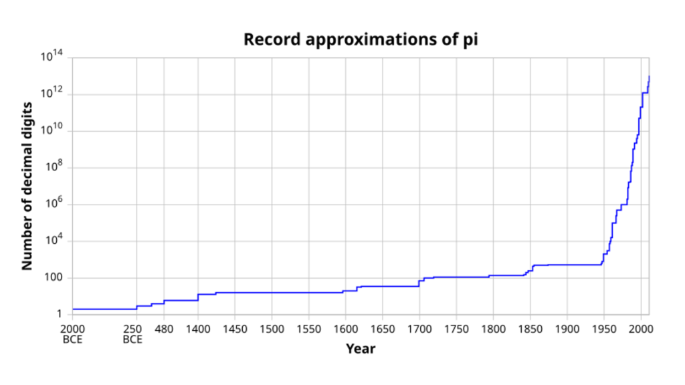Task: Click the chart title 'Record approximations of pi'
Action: click(361, 39)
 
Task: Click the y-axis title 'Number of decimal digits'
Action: click(27, 186)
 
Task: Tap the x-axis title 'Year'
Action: click(361, 349)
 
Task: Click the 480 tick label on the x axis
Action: click(165, 329)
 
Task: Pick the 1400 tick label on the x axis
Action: click(198, 329)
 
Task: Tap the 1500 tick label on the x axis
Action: click(272, 329)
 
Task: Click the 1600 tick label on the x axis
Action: click(345, 329)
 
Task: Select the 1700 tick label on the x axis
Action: click(419, 329)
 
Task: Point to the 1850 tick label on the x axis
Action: click(530, 329)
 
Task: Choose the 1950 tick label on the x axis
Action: click(604, 329)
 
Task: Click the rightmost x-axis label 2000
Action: click(641, 329)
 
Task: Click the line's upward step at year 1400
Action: click(198, 297)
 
